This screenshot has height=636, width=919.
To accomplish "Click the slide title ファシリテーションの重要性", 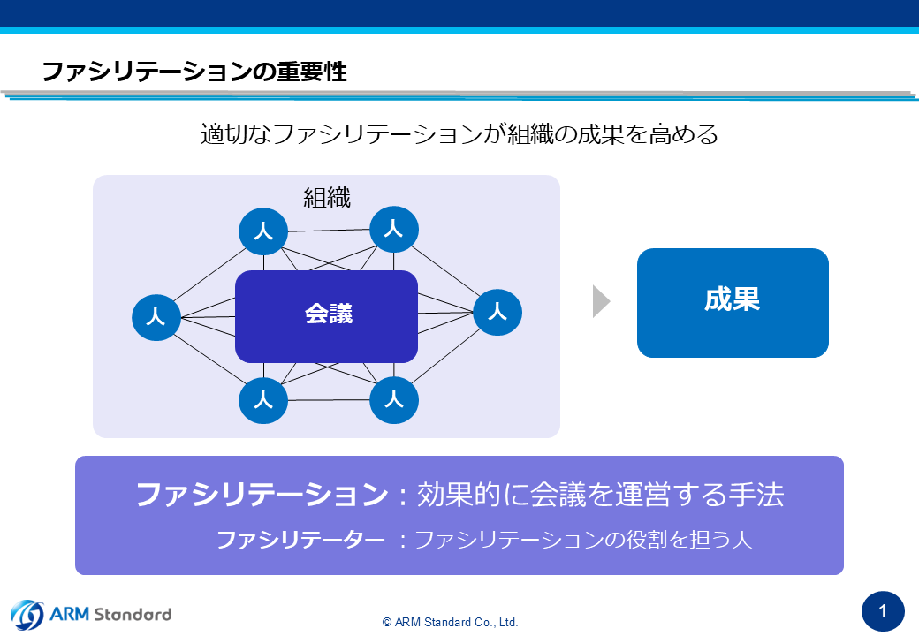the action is click(194, 72).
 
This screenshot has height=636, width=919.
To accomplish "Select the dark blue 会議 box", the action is click(326, 316).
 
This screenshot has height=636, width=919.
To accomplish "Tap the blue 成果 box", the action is click(733, 303).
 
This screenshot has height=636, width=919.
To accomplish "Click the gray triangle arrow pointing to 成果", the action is click(602, 301).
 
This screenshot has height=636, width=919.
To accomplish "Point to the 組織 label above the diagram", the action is click(327, 198).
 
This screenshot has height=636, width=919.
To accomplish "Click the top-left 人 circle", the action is click(263, 231).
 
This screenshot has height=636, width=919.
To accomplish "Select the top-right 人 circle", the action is click(394, 229).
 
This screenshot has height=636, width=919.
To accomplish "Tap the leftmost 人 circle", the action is click(156, 317).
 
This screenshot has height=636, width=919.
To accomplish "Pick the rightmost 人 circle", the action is click(497, 312).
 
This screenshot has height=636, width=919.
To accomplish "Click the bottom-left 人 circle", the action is click(263, 400).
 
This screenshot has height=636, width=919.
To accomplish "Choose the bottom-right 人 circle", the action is click(394, 400).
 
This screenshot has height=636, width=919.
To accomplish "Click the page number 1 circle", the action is click(883, 612).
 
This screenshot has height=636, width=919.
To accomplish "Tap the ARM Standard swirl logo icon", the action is click(27, 615).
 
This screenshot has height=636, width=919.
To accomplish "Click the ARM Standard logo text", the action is click(110, 614).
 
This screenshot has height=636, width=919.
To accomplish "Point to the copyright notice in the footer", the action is click(450, 622).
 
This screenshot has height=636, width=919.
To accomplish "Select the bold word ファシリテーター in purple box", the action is click(300, 540).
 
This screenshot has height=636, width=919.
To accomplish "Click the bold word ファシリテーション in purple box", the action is click(262, 495).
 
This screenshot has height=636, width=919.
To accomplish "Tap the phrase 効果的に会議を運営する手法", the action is click(600, 495).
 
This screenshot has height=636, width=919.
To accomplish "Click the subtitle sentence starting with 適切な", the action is click(459, 134).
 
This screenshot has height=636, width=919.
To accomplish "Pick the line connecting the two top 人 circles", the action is click(329, 231).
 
